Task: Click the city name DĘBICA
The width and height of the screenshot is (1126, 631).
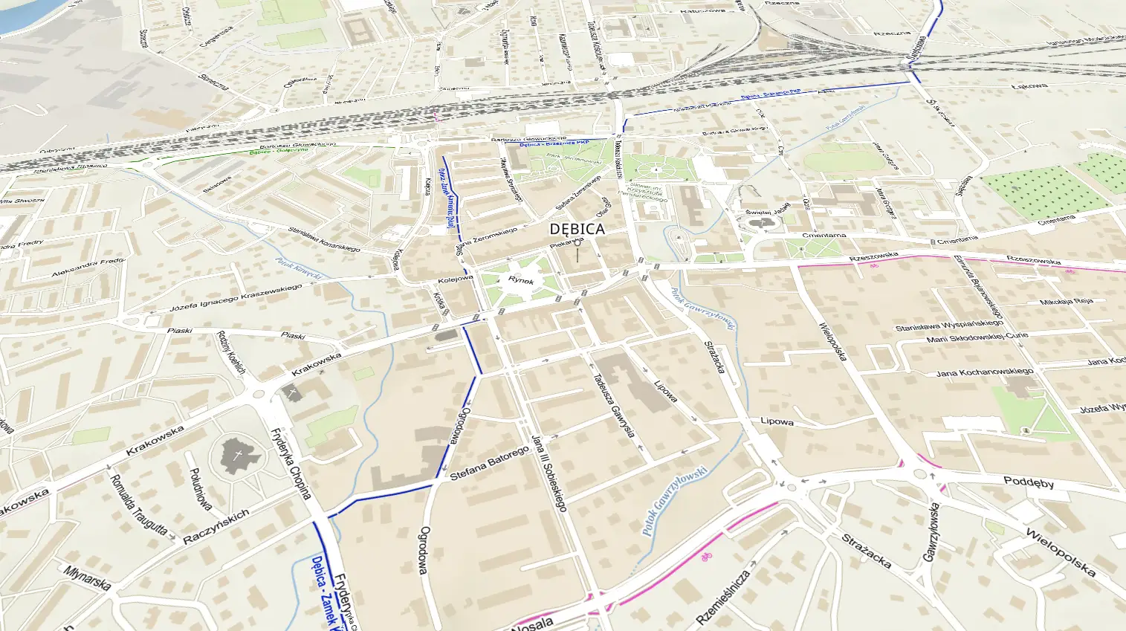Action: pyautogui.click(x=577, y=230)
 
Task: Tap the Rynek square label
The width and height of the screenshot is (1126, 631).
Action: pyautogui.click(x=521, y=280)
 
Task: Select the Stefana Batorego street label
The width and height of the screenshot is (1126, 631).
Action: pyautogui.click(x=490, y=462)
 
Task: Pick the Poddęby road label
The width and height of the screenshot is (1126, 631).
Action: pyautogui.click(x=1029, y=482)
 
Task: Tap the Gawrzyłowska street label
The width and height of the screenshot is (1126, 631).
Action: pyautogui.click(x=931, y=531)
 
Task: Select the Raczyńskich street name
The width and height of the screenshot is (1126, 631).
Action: pyautogui.click(x=216, y=527)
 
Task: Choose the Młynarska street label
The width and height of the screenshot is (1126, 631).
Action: pyautogui.click(x=88, y=578)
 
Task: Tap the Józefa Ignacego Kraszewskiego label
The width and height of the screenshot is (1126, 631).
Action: pyautogui.click(x=236, y=298)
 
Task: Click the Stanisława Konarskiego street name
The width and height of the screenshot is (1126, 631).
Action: pyautogui.click(x=324, y=239)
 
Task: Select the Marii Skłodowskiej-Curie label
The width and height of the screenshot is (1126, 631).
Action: pyautogui.click(x=977, y=337)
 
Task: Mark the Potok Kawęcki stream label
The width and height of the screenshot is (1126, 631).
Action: pyautogui.click(x=298, y=269)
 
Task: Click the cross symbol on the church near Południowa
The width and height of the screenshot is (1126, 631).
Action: pyautogui.click(x=238, y=455)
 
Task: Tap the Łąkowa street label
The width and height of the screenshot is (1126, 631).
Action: pyautogui.click(x=1029, y=86)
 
